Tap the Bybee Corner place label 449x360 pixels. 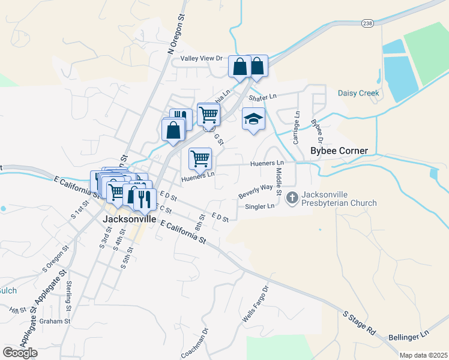[339, 151]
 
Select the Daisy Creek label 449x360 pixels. [358, 93]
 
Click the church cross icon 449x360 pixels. [292, 197]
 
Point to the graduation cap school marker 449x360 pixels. [253, 119]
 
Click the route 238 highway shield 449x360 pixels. [368, 22]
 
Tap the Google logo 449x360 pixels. [20, 353]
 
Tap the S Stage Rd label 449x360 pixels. [359, 322]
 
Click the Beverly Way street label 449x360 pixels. [255, 191]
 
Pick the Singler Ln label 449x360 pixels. [259, 206]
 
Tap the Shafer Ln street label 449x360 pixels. [262, 97]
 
